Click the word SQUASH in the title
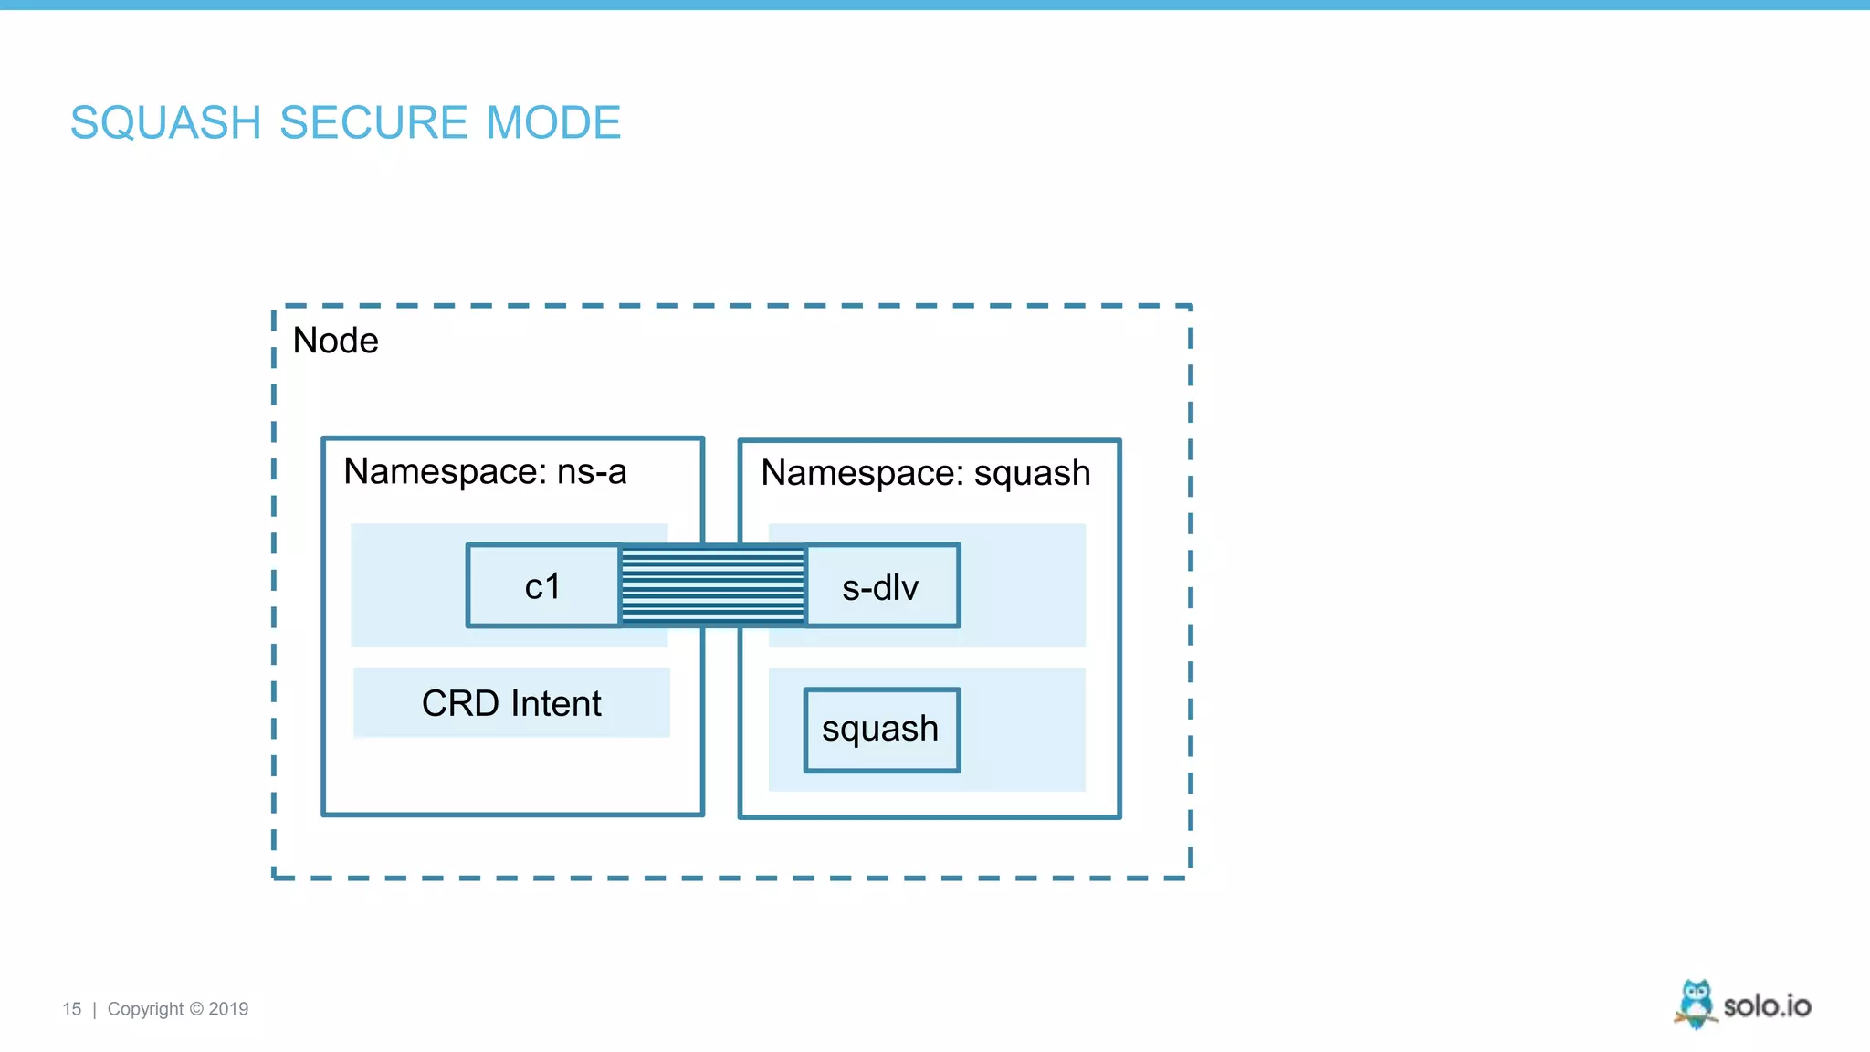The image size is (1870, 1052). pyautogui.click(x=166, y=122)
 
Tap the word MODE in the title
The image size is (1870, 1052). pyautogui.click(x=553, y=122)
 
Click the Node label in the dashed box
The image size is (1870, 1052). pyautogui.click(x=335, y=341)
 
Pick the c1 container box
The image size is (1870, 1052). pyautogui.click(x=542, y=586)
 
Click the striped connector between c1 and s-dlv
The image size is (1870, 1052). pyautogui.click(x=712, y=585)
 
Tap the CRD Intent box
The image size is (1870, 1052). pyautogui.click(x=511, y=703)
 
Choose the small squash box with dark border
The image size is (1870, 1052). pyautogui.click(x=881, y=730)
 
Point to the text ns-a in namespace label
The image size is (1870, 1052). pyautogui.click(x=592, y=472)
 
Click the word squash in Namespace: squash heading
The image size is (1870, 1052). pyautogui.click(x=1032, y=473)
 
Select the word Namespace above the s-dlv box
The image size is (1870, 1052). pyautogui.click(x=862, y=473)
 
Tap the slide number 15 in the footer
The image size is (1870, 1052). pyautogui.click(x=71, y=1009)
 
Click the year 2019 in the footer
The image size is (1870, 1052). pyautogui.click(x=228, y=1009)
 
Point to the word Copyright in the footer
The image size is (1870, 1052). pyautogui.click(x=145, y=1009)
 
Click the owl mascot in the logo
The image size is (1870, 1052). pyautogui.click(x=1696, y=1004)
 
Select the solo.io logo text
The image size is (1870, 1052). pyautogui.click(x=1767, y=1006)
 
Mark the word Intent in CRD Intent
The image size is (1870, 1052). pyautogui.click(x=556, y=703)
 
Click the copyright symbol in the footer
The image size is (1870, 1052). pyautogui.click(x=196, y=1009)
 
